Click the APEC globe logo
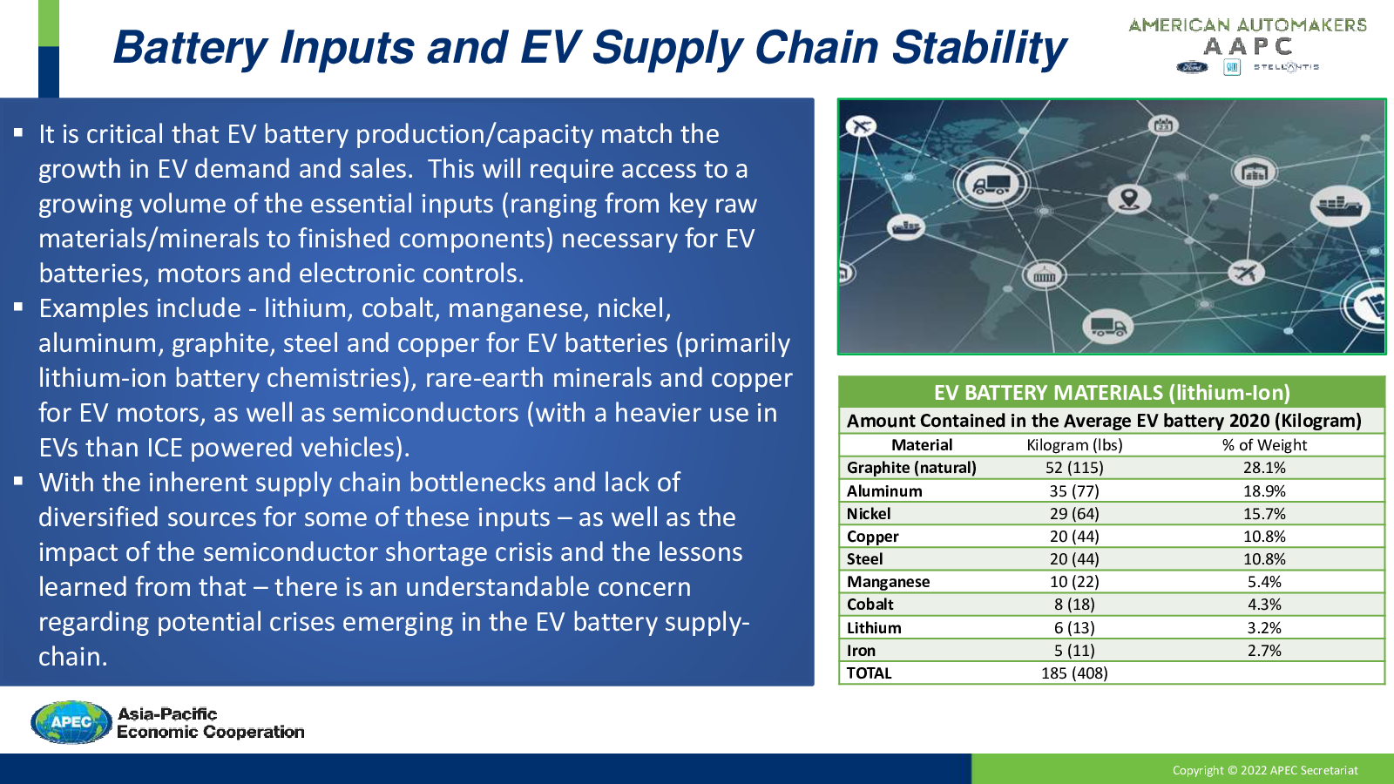(x=71, y=722)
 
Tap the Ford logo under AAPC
(x=1192, y=67)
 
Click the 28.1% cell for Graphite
(x=1264, y=468)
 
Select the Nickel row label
(x=868, y=514)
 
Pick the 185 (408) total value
(x=1074, y=673)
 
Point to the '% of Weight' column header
(x=1264, y=445)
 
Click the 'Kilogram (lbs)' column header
(x=1074, y=445)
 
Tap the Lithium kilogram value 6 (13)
(x=1074, y=628)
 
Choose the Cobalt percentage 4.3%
(x=1264, y=605)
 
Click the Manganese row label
(x=888, y=582)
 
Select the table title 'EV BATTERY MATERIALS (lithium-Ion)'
(x=1112, y=393)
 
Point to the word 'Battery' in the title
(x=190, y=49)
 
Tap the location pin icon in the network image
(x=1129, y=199)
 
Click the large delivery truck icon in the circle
(x=991, y=184)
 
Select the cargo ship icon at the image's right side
(x=1339, y=206)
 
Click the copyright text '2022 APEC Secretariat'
(x=1299, y=770)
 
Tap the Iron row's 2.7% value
(x=1264, y=651)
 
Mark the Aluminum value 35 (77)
(x=1074, y=491)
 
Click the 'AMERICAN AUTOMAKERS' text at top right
(x=1247, y=25)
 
